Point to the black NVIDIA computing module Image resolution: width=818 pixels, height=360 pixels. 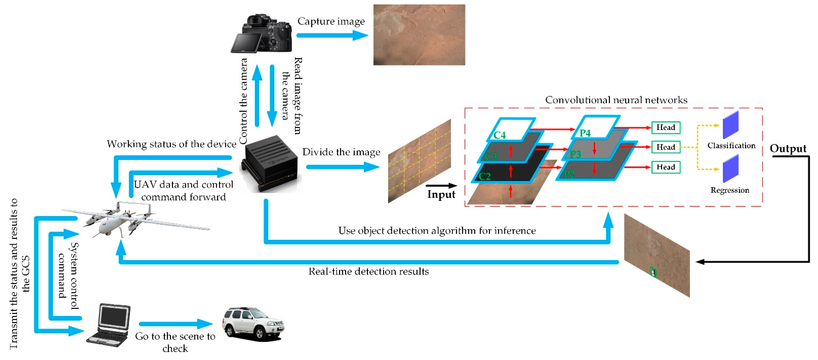(x=270, y=164)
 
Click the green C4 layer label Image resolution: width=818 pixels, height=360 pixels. (x=499, y=135)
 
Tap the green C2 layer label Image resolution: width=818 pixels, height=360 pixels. (x=485, y=176)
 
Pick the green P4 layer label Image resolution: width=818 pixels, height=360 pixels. (x=585, y=133)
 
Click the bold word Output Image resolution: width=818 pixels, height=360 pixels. (x=788, y=148)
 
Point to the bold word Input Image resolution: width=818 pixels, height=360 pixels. (x=441, y=194)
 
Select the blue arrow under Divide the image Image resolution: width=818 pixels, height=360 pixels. (x=342, y=167)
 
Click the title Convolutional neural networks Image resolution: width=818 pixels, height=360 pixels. (x=616, y=100)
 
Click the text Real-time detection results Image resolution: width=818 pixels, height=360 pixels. (x=368, y=271)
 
